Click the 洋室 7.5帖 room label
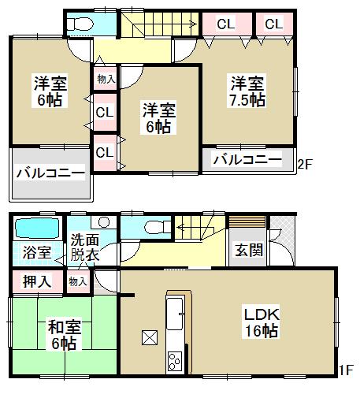tap(247, 92)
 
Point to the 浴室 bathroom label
tap(36, 253)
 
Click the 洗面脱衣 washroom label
tap(85, 248)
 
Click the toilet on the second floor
tap(79, 24)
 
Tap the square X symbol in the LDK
tap(149, 337)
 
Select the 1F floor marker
tap(346, 368)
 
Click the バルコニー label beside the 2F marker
tap(247, 159)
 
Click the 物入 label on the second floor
tap(106, 78)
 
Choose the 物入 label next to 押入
tap(78, 281)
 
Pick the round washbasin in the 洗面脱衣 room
tap(103, 223)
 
